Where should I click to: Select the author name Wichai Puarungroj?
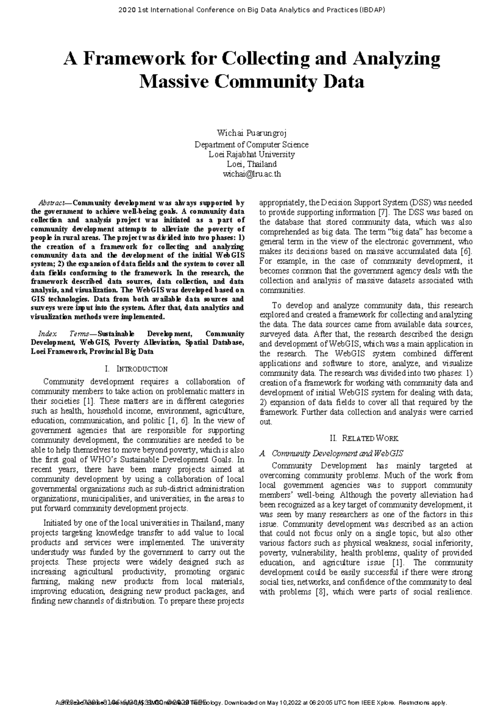tap(251, 133)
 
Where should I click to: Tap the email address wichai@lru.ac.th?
tap(251, 174)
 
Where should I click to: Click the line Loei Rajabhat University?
tap(251, 154)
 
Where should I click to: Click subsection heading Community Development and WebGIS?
tap(337, 453)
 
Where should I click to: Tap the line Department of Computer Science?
tap(251, 144)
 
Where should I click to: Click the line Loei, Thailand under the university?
tap(251, 164)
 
